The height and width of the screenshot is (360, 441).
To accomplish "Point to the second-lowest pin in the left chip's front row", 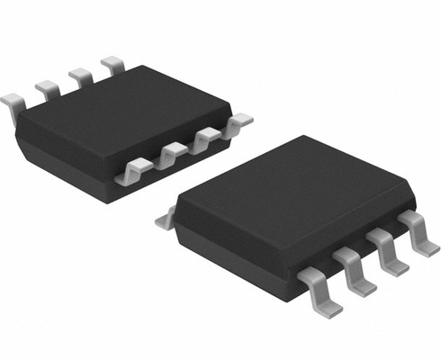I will point(170,154).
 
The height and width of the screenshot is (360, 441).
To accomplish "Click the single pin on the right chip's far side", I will point(165,216).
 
